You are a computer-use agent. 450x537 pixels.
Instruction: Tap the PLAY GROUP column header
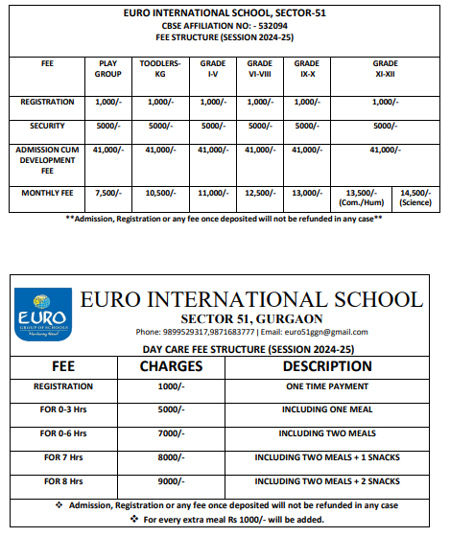pos(107,68)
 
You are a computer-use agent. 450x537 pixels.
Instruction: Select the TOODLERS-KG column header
pos(159,68)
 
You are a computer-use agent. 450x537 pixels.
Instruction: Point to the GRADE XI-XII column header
pos(385,68)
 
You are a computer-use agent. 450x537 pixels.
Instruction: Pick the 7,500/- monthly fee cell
pos(107,193)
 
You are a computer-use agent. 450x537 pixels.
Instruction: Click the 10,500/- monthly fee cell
pos(159,193)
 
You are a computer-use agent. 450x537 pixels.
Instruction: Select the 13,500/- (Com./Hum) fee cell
pos(361,198)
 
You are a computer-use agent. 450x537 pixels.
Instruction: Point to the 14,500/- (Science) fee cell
pos(416,198)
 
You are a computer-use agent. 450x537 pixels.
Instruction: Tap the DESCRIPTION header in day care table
pos(327,366)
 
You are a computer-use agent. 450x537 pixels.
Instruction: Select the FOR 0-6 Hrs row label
pos(63,433)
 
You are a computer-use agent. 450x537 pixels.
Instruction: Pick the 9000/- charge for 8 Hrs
pos(171,480)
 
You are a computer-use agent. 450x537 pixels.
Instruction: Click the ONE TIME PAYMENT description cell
pos(327,386)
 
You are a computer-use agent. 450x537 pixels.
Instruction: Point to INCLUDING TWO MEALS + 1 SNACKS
pos(327,457)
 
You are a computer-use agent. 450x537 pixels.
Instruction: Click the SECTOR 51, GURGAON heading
pos(252,318)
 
